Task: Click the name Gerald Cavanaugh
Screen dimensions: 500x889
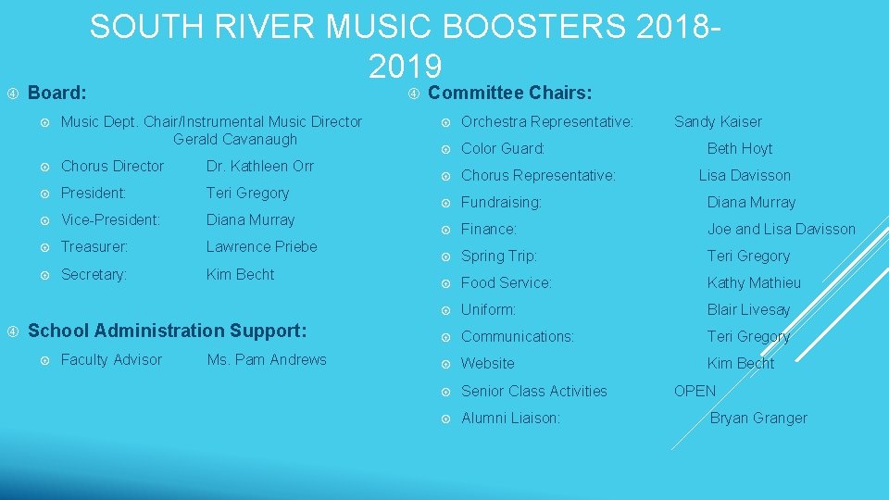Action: pyautogui.click(x=234, y=139)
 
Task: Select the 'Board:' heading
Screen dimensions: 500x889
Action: pyautogui.click(x=57, y=93)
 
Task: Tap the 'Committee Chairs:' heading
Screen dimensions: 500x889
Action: pyautogui.click(x=509, y=93)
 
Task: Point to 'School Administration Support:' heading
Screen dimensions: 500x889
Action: pyautogui.click(x=168, y=331)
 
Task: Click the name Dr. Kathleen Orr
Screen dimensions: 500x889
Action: pyautogui.click(x=259, y=166)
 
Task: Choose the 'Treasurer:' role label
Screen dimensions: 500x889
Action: pyautogui.click(x=94, y=247)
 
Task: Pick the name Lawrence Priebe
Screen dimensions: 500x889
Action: pyautogui.click(x=261, y=246)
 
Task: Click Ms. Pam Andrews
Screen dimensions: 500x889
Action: pyautogui.click(x=267, y=359)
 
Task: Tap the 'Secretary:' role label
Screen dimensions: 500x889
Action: pyautogui.click(x=94, y=274)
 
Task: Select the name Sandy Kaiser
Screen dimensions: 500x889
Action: pyautogui.click(x=718, y=121)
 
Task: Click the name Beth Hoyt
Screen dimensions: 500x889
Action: pyautogui.click(x=739, y=148)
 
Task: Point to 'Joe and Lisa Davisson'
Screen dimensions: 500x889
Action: pyautogui.click(x=781, y=229)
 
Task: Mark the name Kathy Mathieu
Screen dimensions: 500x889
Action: pyautogui.click(x=754, y=282)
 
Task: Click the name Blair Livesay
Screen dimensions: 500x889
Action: pyautogui.click(x=748, y=309)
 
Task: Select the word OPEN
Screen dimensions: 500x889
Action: pyautogui.click(x=695, y=391)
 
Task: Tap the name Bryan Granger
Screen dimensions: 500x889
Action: pyautogui.click(x=758, y=418)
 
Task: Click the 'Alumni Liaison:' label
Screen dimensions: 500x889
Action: pyautogui.click(x=510, y=418)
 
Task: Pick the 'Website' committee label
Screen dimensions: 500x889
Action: pyautogui.click(x=487, y=364)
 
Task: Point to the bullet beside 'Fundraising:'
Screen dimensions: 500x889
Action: pyautogui.click(x=446, y=203)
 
